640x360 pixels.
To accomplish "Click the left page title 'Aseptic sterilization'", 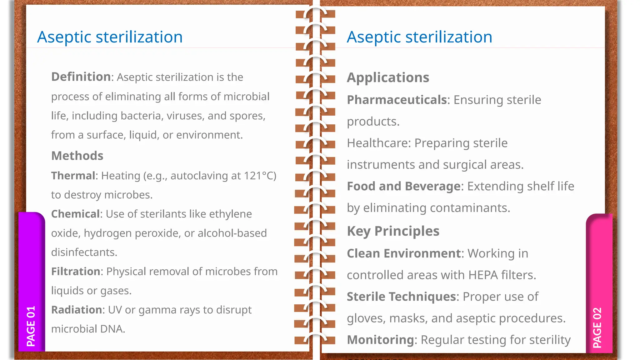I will [x=110, y=37].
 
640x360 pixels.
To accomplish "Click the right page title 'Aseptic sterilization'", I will [x=419, y=37].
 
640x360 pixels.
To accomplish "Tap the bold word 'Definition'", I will [x=81, y=77].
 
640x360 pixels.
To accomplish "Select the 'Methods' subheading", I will [x=77, y=156].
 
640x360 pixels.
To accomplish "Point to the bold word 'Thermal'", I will [x=73, y=176].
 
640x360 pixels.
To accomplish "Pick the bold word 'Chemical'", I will [x=75, y=214].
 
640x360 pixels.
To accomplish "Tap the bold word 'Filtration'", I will [x=76, y=272].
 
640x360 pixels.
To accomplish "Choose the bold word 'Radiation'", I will [x=77, y=310].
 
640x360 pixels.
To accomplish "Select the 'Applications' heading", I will [x=388, y=77].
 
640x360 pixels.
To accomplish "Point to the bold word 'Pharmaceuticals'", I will [x=397, y=100].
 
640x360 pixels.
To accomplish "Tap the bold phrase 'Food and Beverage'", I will [x=403, y=186].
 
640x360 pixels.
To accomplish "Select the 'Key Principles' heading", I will [x=393, y=231].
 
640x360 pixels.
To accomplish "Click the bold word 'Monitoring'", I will [x=380, y=340].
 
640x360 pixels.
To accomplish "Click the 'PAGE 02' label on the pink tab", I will [x=597, y=327].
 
